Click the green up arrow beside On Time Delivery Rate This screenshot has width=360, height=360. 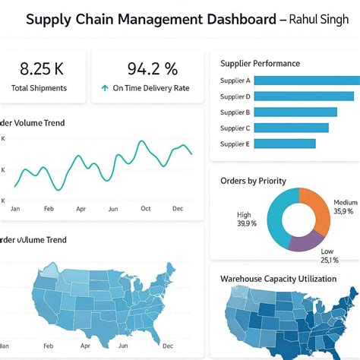tap(104, 88)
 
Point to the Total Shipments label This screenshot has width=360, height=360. tap(39, 88)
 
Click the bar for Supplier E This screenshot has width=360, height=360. tap(285, 144)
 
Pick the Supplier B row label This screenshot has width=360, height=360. tap(235, 112)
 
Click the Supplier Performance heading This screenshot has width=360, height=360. tap(260, 64)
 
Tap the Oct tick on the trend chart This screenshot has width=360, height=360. tap(146, 208)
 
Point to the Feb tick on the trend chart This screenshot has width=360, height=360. tap(49, 208)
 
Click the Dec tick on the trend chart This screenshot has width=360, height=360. tap(178, 208)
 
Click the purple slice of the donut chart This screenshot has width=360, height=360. tap(304, 241)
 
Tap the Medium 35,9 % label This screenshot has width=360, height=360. tap(345, 207)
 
